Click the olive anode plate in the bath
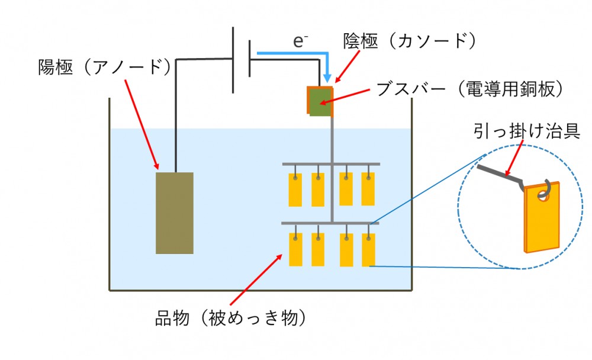175,213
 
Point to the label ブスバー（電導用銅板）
469,90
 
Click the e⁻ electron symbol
301,41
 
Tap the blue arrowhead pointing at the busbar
326,78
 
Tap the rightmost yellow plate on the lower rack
368,250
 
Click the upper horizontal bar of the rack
330,163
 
